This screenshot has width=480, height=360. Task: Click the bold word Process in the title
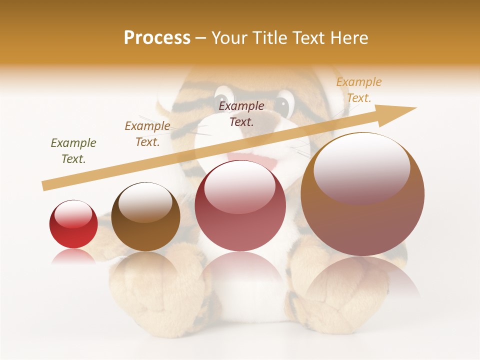(157, 38)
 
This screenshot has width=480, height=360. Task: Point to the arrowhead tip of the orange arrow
(415, 108)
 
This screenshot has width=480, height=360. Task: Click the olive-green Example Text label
(73, 150)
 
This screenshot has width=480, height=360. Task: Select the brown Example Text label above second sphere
(147, 133)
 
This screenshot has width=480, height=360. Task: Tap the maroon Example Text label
(241, 113)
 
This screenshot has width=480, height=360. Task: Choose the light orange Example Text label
(358, 90)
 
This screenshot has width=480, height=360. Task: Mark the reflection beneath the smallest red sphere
(73, 256)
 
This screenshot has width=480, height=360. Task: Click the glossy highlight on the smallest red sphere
(73, 214)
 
